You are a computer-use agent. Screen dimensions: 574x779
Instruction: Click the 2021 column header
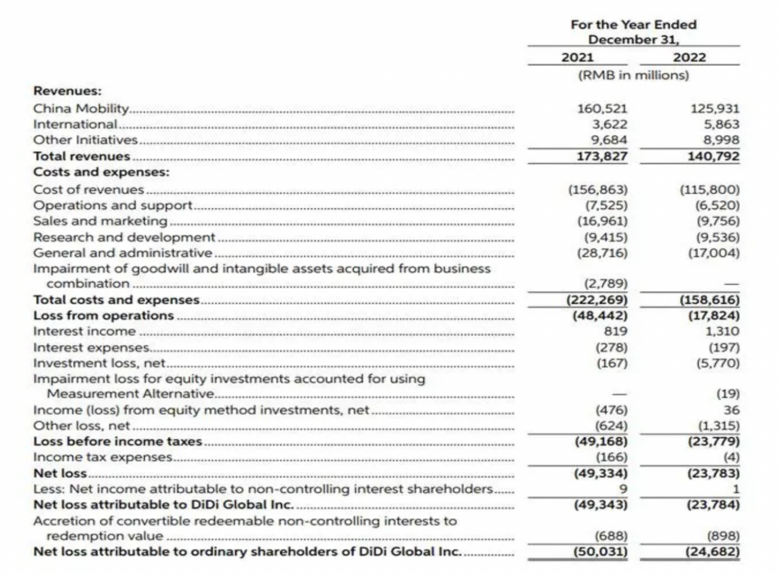(x=577, y=57)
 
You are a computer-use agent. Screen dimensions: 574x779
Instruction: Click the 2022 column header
(x=689, y=57)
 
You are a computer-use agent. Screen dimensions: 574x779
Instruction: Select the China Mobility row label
(x=81, y=108)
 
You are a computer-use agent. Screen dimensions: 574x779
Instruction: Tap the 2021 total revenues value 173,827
(x=602, y=156)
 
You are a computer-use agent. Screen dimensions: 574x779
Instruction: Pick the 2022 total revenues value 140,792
(x=713, y=156)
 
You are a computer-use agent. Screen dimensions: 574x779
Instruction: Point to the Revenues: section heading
(x=67, y=91)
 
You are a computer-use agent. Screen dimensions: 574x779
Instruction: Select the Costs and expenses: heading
(x=101, y=172)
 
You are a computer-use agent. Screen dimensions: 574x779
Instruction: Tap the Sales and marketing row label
(x=100, y=221)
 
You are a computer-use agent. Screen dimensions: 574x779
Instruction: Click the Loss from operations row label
(x=103, y=315)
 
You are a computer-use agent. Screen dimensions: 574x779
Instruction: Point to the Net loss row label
(x=60, y=473)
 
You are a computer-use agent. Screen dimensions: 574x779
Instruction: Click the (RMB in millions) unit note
(x=633, y=75)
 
